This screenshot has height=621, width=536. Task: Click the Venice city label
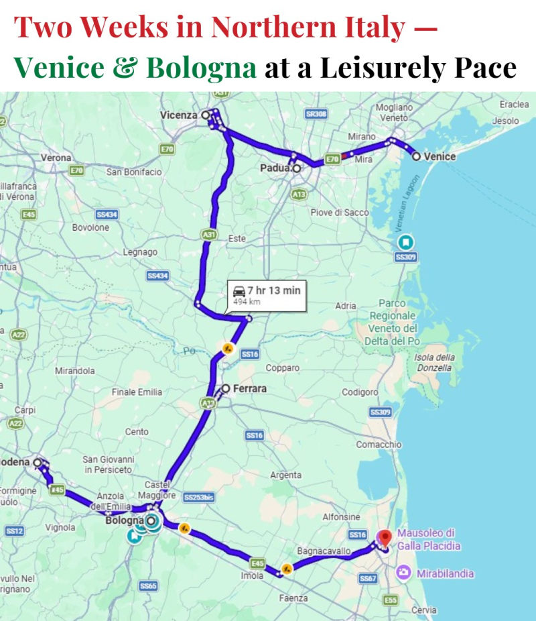point(440,156)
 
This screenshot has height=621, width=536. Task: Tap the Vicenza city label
point(180,115)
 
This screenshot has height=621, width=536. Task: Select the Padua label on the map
point(275,168)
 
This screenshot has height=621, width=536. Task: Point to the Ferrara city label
point(251,388)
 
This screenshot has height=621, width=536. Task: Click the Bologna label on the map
point(125,520)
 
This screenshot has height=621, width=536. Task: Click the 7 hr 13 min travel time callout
point(267,295)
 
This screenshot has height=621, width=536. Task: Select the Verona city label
point(56,158)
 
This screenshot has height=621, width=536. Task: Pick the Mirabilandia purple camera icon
point(404,573)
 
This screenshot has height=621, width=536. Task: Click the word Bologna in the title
point(201,67)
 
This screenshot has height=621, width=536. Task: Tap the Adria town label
point(346,306)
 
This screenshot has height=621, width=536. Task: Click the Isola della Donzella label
point(435,362)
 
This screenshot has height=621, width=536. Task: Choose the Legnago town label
point(141,252)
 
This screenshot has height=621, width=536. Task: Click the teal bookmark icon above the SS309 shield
point(406,242)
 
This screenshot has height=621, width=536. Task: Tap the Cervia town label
point(423,610)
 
